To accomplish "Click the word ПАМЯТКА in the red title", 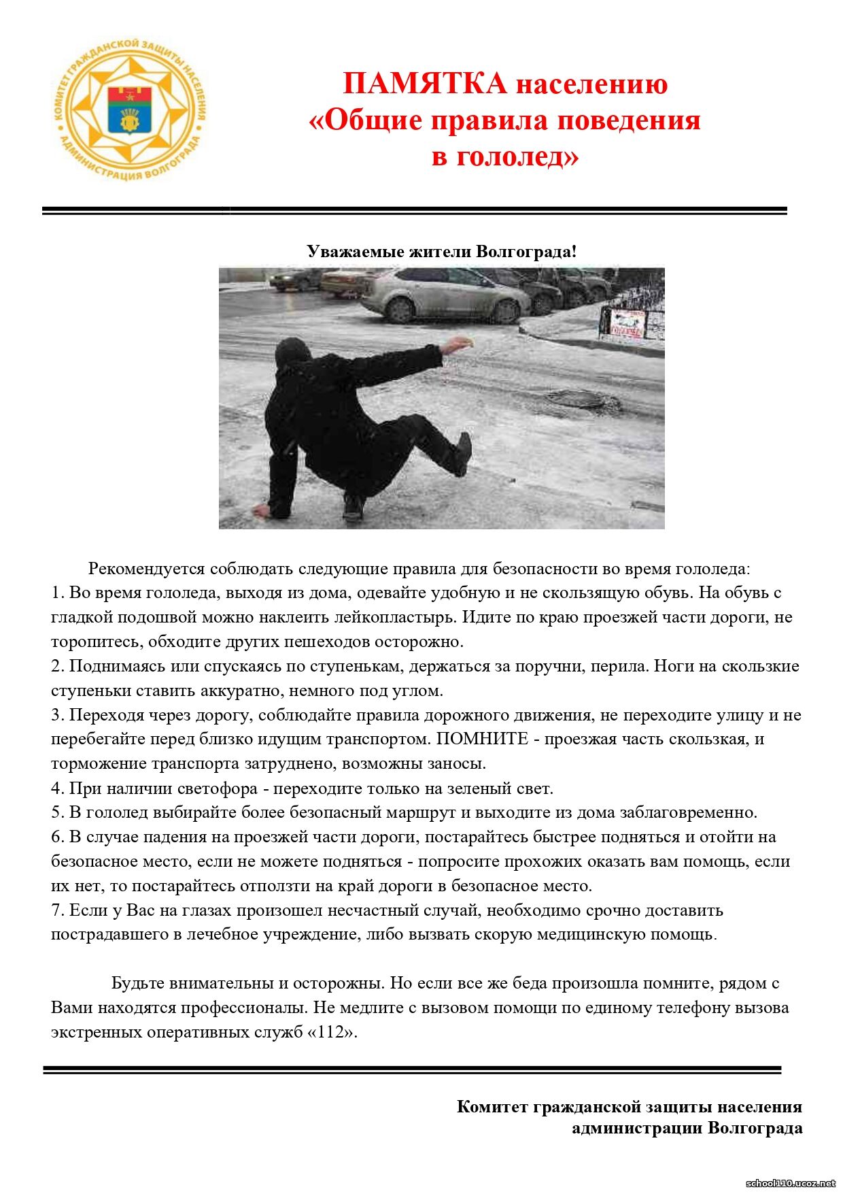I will pyautogui.click(x=425, y=84).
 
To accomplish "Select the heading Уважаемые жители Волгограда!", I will pyautogui.click(x=441, y=252).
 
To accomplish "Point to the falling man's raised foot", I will pyautogui.click(x=464, y=452).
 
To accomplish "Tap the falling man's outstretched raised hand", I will pyautogui.click(x=460, y=342).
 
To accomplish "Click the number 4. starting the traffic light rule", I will pyautogui.click(x=58, y=789).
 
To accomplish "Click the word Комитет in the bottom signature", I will pyautogui.click(x=492, y=1107).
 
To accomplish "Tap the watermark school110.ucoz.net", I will pyautogui.click(x=791, y=1183).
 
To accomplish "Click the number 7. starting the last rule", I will pyautogui.click(x=58, y=910).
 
